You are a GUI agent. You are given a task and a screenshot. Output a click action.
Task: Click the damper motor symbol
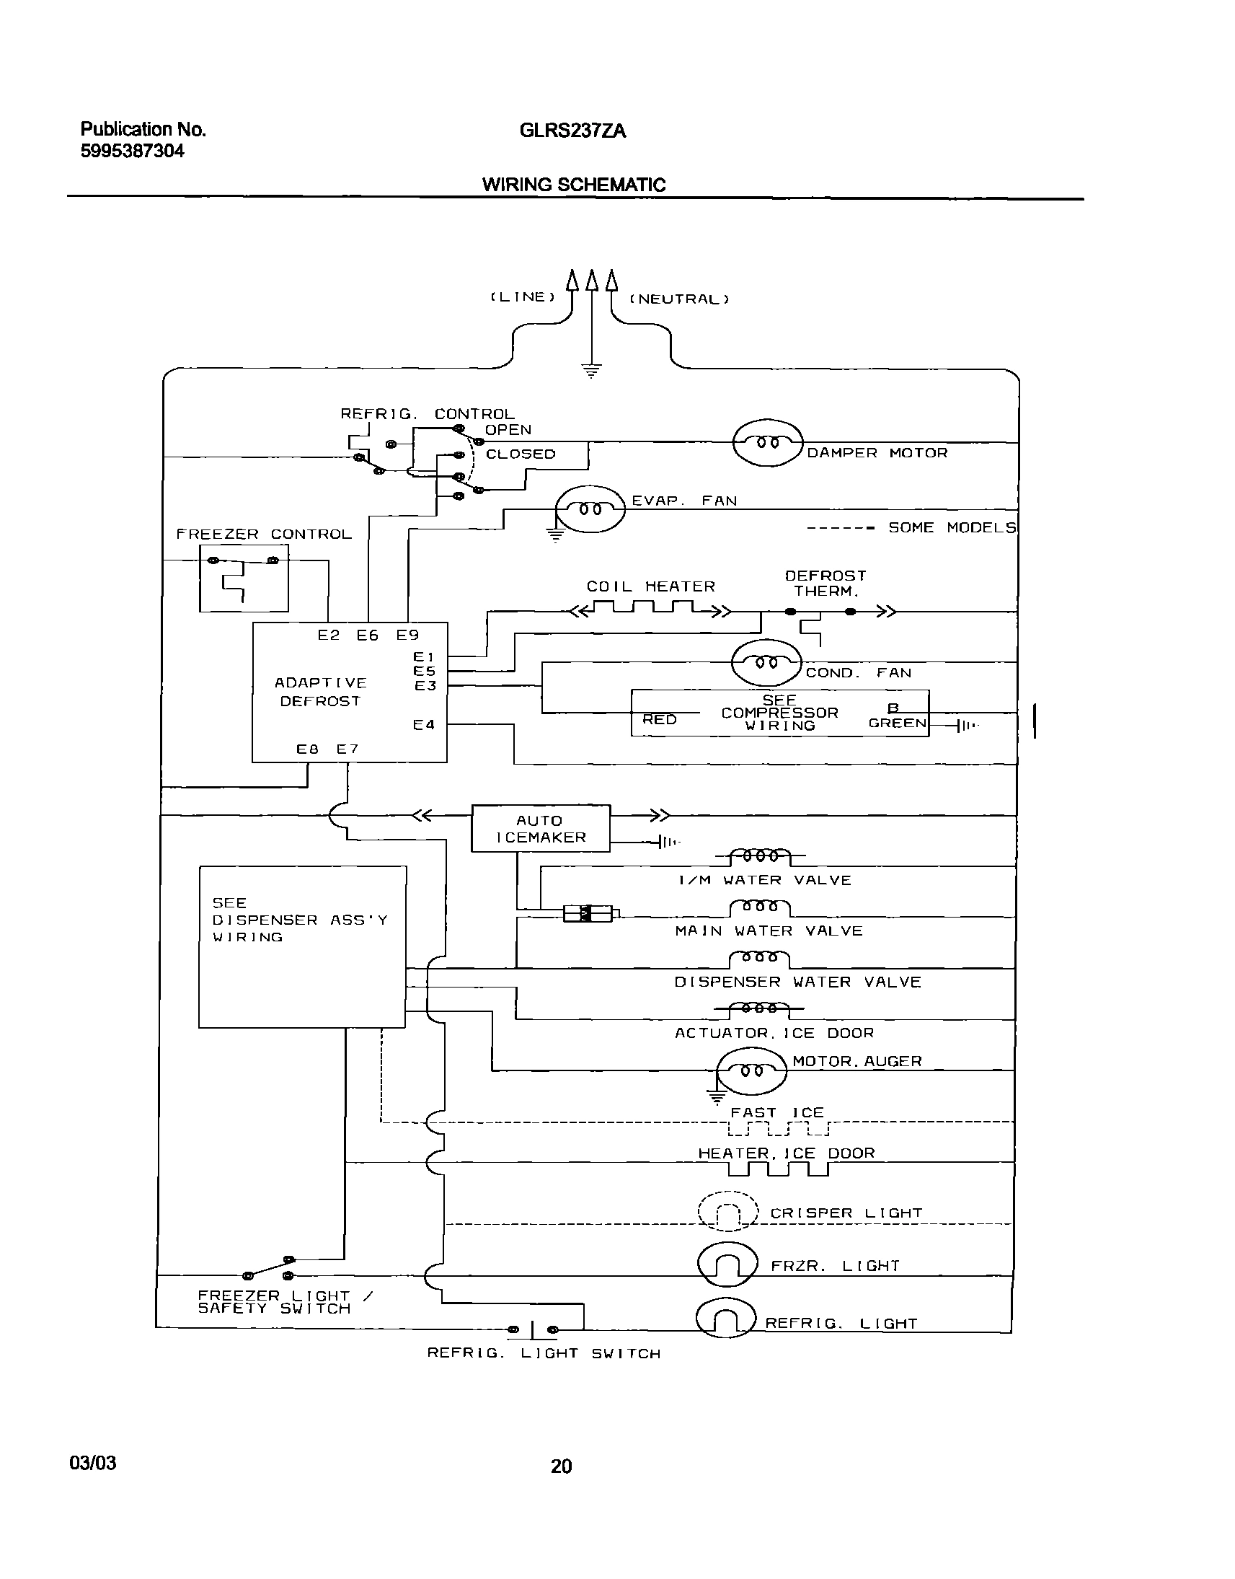tap(768, 443)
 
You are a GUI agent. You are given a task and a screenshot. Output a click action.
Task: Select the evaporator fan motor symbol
tap(589, 509)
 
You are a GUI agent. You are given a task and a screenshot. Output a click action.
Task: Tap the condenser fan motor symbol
tap(766, 663)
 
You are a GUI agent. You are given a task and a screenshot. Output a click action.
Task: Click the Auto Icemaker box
tap(541, 829)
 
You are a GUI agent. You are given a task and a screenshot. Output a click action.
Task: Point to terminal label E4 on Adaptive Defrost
tap(424, 725)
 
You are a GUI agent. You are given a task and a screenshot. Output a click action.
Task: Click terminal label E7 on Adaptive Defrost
tap(348, 749)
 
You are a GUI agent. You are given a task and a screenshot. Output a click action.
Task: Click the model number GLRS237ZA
tap(572, 131)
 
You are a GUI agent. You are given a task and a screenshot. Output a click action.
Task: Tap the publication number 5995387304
tap(133, 151)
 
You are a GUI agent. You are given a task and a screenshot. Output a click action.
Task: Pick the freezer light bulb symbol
tap(727, 1265)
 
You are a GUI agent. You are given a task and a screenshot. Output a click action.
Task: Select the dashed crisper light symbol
tap(728, 1211)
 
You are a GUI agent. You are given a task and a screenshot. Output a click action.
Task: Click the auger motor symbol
tap(751, 1070)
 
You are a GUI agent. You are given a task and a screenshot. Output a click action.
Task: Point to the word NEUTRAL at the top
tap(679, 299)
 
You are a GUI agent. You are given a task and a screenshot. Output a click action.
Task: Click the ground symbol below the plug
tap(591, 371)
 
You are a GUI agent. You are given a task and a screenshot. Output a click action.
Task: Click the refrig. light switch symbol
tap(533, 1329)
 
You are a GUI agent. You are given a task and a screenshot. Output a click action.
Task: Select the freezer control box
tap(244, 579)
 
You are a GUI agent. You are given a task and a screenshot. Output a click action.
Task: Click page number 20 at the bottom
tap(561, 1466)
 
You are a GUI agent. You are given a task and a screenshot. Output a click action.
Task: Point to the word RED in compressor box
tap(660, 719)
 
